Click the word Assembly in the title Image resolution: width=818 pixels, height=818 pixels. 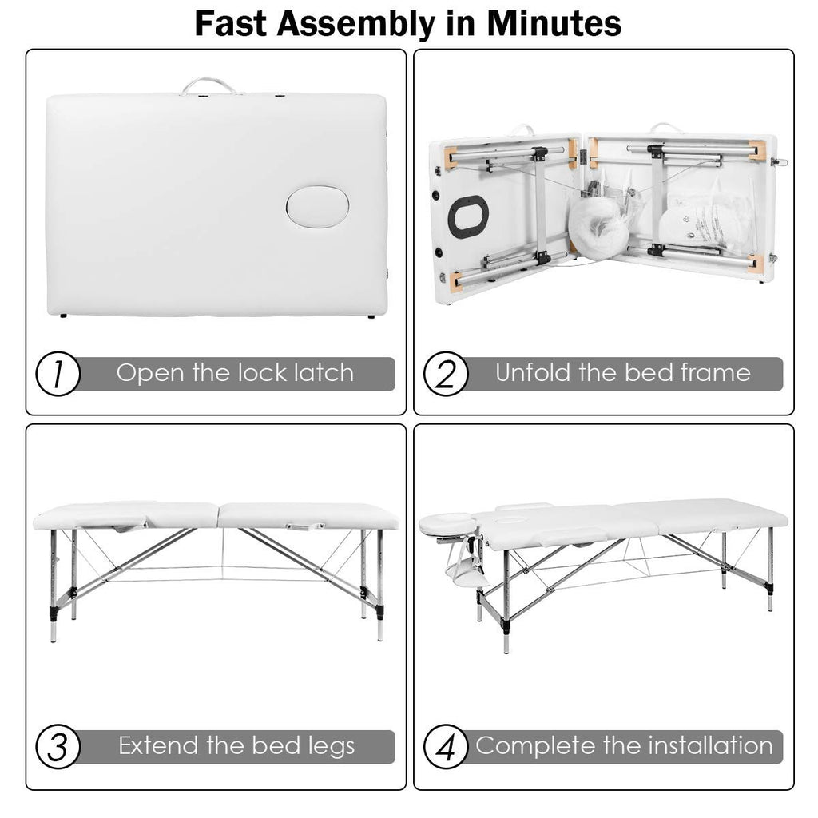click(x=355, y=23)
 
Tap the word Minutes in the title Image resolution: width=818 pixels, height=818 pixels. click(x=554, y=23)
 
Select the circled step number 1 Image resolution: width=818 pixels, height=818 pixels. click(x=58, y=374)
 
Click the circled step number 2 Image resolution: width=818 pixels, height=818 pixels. click(x=446, y=374)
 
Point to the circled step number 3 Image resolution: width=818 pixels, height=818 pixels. click(x=58, y=746)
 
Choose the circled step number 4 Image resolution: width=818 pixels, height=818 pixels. click(x=446, y=746)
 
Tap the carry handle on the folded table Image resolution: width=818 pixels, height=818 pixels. click(x=208, y=85)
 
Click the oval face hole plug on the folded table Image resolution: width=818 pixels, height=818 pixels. click(x=317, y=207)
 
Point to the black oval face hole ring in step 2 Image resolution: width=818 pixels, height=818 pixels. click(x=468, y=216)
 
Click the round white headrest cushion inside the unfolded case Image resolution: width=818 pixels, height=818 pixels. click(x=598, y=225)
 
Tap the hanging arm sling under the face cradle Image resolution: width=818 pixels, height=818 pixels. click(x=466, y=570)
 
